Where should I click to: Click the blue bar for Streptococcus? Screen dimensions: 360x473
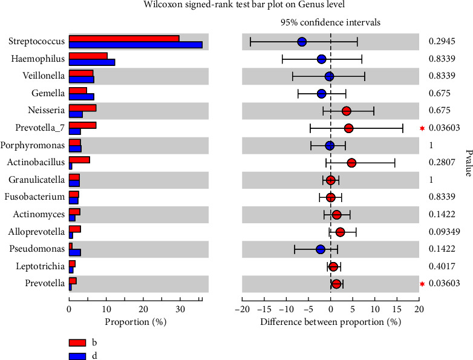click(135, 45)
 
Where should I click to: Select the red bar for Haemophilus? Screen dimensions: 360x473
click(88, 56)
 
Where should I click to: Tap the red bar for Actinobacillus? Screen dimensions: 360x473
click(79, 160)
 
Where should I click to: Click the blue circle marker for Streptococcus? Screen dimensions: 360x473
click(302, 42)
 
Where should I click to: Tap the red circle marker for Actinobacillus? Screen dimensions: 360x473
click(351, 163)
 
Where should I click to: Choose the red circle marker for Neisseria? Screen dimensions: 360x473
click(346, 111)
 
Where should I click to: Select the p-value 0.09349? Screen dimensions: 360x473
click(443, 232)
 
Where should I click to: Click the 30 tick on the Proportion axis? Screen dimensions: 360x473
click(180, 307)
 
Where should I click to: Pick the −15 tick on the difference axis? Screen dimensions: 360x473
click(264, 307)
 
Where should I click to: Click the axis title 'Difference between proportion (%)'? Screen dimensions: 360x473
click(330, 321)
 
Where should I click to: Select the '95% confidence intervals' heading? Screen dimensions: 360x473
click(330, 22)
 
